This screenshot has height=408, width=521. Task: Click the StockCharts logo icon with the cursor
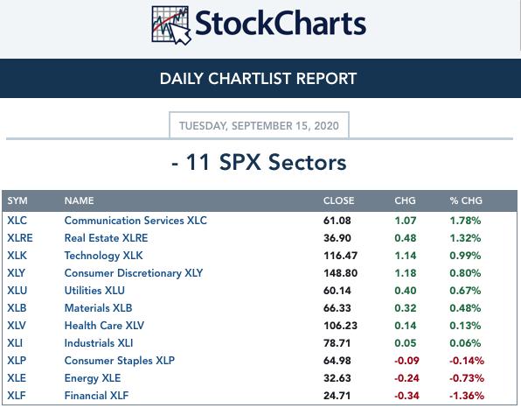click(x=171, y=25)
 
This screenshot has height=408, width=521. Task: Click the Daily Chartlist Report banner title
click(x=258, y=79)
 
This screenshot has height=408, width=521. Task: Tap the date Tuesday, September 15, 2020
click(x=259, y=126)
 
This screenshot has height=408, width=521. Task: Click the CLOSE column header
click(x=338, y=200)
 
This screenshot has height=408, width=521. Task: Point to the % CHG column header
click(x=466, y=200)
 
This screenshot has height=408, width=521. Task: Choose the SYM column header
click(x=17, y=200)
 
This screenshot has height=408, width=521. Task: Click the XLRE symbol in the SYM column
click(x=20, y=238)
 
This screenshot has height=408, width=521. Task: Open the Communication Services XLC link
click(x=135, y=221)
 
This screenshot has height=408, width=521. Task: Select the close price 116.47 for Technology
click(x=341, y=256)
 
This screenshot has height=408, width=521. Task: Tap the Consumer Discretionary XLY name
click(x=134, y=273)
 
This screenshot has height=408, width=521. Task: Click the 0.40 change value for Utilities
click(x=406, y=291)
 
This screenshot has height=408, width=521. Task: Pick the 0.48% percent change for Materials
click(x=465, y=308)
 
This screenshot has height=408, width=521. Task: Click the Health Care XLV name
click(x=104, y=326)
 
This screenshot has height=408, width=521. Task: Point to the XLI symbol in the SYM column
click(x=15, y=343)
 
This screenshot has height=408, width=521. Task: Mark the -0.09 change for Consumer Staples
click(x=406, y=361)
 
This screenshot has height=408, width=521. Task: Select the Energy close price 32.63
click(x=337, y=378)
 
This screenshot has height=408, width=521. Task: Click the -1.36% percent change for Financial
click(x=467, y=396)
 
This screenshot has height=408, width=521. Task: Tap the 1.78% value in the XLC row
click(x=465, y=221)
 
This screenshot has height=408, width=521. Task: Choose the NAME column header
click(x=79, y=200)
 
